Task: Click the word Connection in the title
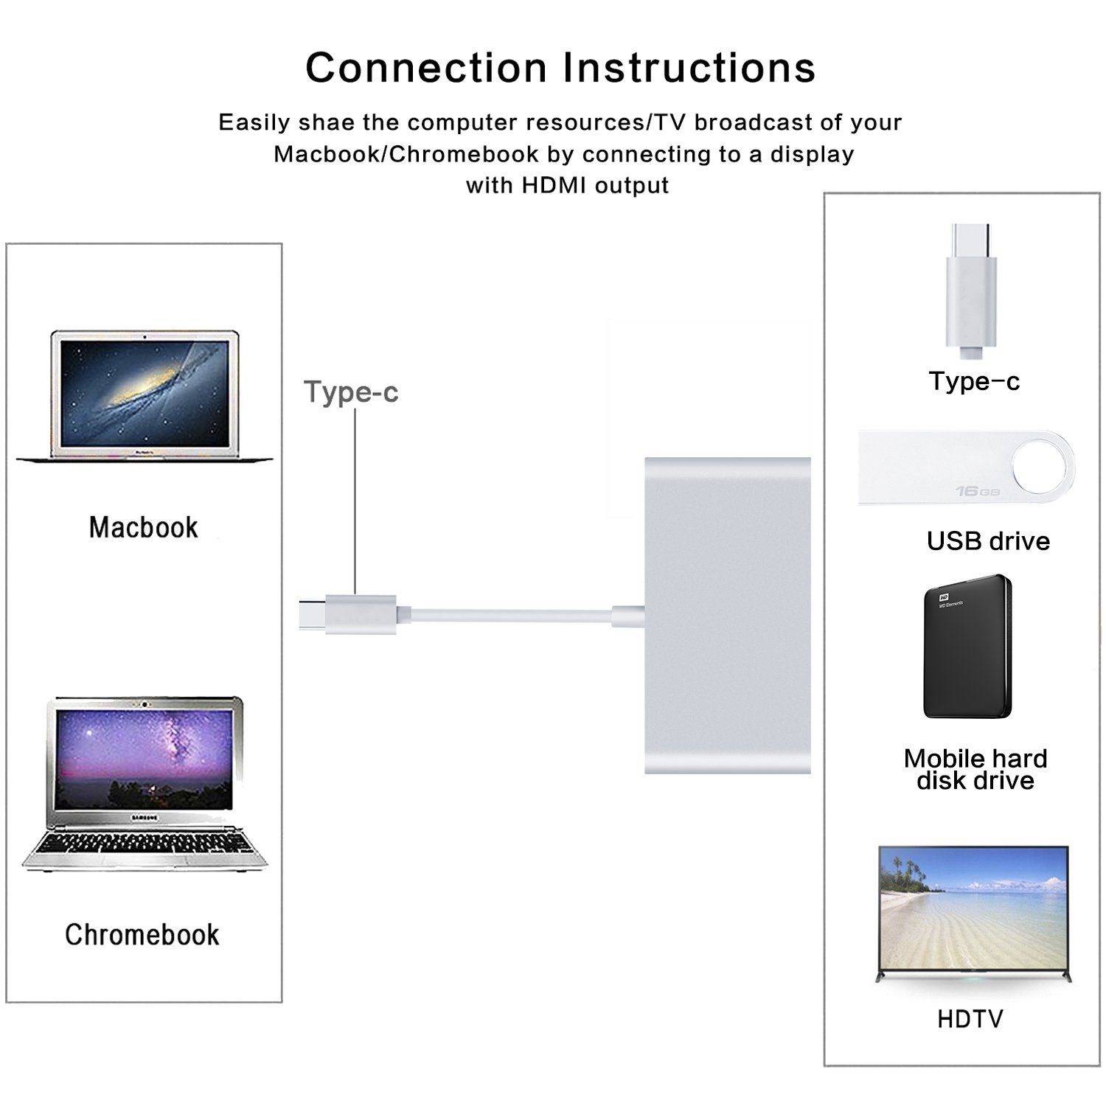click(425, 68)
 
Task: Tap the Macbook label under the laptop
click(144, 528)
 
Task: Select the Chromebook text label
click(142, 935)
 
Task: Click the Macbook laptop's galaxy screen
click(145, 392)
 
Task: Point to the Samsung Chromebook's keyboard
click(145, 844)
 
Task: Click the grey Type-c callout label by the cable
click(351, 392)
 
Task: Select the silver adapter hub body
click(727, 616)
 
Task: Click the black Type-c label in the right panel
click(974, 381)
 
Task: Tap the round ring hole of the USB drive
click(1039, 466)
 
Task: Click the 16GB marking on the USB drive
click(978, 491)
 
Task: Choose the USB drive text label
click(988, 541)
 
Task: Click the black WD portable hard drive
click(967, 647)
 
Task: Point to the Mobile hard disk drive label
click(975, 769)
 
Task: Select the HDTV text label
click(970, 1019)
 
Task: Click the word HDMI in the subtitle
click(555, 185)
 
